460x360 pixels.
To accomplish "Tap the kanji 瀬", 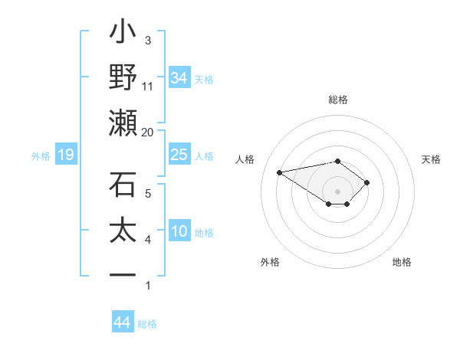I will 123,123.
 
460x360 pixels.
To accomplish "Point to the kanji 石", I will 123,185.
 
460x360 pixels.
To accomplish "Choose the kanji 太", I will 123,231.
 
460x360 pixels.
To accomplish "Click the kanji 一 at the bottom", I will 123,274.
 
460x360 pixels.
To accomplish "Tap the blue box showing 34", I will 179,77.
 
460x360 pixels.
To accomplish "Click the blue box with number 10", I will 179,231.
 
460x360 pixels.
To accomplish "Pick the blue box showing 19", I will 65,155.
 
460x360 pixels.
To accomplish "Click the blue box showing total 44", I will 122,322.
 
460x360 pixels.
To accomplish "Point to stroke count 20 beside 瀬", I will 148,132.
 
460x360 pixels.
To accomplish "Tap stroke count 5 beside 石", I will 148,193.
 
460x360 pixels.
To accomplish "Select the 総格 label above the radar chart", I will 338,100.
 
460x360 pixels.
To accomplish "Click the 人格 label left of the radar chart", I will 247,159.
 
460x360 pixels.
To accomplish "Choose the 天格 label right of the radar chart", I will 432,159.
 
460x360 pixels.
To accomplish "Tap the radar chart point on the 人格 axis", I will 280,172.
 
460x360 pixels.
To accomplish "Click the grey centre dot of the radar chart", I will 338,191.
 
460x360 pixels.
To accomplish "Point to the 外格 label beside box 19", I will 41,156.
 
